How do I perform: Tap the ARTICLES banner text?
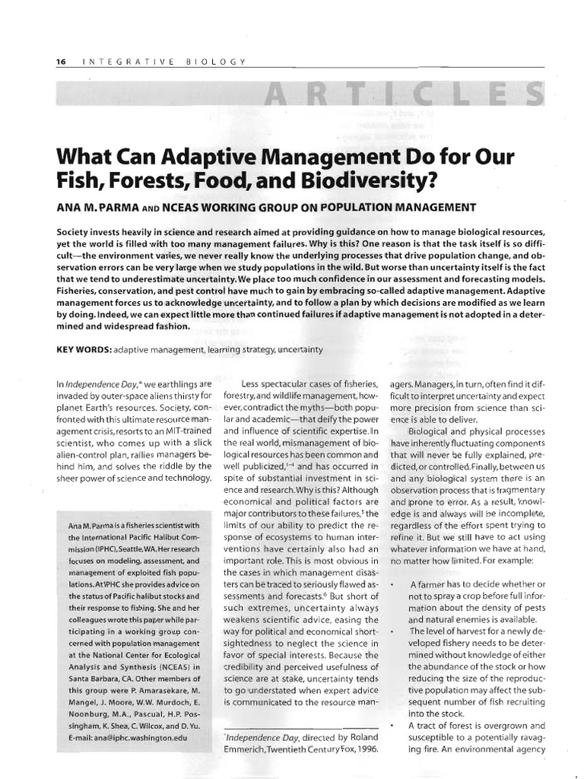click(x=402, y=96)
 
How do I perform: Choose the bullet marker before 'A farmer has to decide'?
click(x=392, y=584)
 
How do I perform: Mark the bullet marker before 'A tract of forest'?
click(x=392, y=725)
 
